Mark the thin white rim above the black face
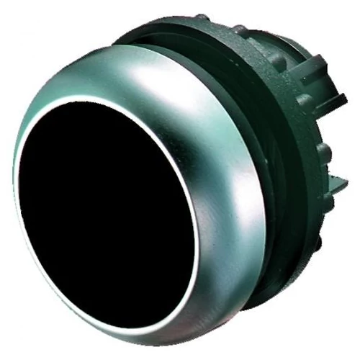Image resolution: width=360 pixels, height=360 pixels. [x=108, y=102]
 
